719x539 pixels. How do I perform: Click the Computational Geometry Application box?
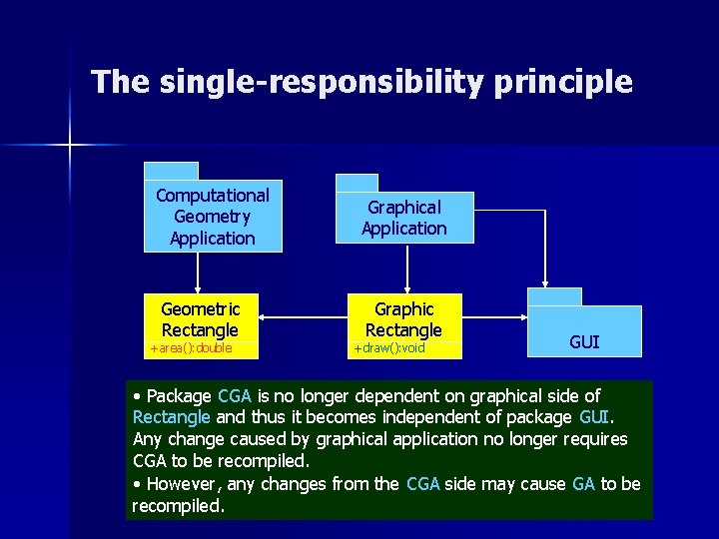pyautogui.click(x=213, y=217)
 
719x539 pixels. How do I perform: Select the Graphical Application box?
pyautogui.click(x=403, y=218)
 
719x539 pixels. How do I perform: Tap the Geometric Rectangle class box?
pyautogui.click(x=200, y=318)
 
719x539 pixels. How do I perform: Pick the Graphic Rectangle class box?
pyautogui.click(x=403, y=318)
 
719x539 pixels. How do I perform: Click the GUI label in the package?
pyautogui.click(x=584, y=342)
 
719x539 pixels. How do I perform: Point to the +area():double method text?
pyautogui.click(x=190, y=348)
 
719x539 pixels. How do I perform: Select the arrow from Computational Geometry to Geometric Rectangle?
pyautogui.click(x=198, y=272)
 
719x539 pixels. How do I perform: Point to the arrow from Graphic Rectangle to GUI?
pyautogui.click(x=494, y=318)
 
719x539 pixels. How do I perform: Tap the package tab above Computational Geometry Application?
pyautogui.click(x=172, y=171)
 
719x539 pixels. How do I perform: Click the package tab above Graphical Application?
pyautogui.click(x=357, y=182)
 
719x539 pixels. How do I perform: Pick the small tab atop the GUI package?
pyautogui.click(x=554, y=295)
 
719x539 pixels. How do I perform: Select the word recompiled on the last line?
pyautogui.click(x=177, y=505)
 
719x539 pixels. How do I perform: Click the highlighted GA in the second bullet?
pyautogui.click(x=583, y=484)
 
